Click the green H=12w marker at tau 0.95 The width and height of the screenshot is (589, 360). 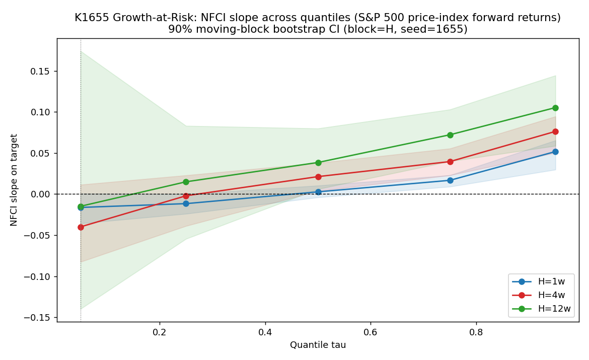coord(555,108)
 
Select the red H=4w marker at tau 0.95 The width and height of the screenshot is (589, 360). coord(555,131)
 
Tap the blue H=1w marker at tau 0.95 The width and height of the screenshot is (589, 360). coord(555,152)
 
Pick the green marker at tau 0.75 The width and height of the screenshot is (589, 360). coord(450,135)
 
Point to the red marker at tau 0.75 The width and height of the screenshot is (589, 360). coord(450,162)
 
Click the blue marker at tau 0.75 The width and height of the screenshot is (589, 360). coord(450,180)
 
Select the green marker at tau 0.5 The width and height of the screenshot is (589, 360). coord(318,163)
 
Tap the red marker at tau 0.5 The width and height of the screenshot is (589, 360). coord(318,177)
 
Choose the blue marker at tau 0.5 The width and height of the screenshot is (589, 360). coord(318,192)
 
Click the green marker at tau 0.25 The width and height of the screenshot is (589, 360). coord(186,182)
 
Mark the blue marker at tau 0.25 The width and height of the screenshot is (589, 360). coord(186,204)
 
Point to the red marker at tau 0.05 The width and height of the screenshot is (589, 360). coord(81,228)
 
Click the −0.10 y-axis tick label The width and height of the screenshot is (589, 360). coord(38,276)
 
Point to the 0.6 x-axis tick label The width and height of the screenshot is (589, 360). coord(371,332)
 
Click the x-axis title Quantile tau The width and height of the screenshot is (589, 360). coord(318,344)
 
